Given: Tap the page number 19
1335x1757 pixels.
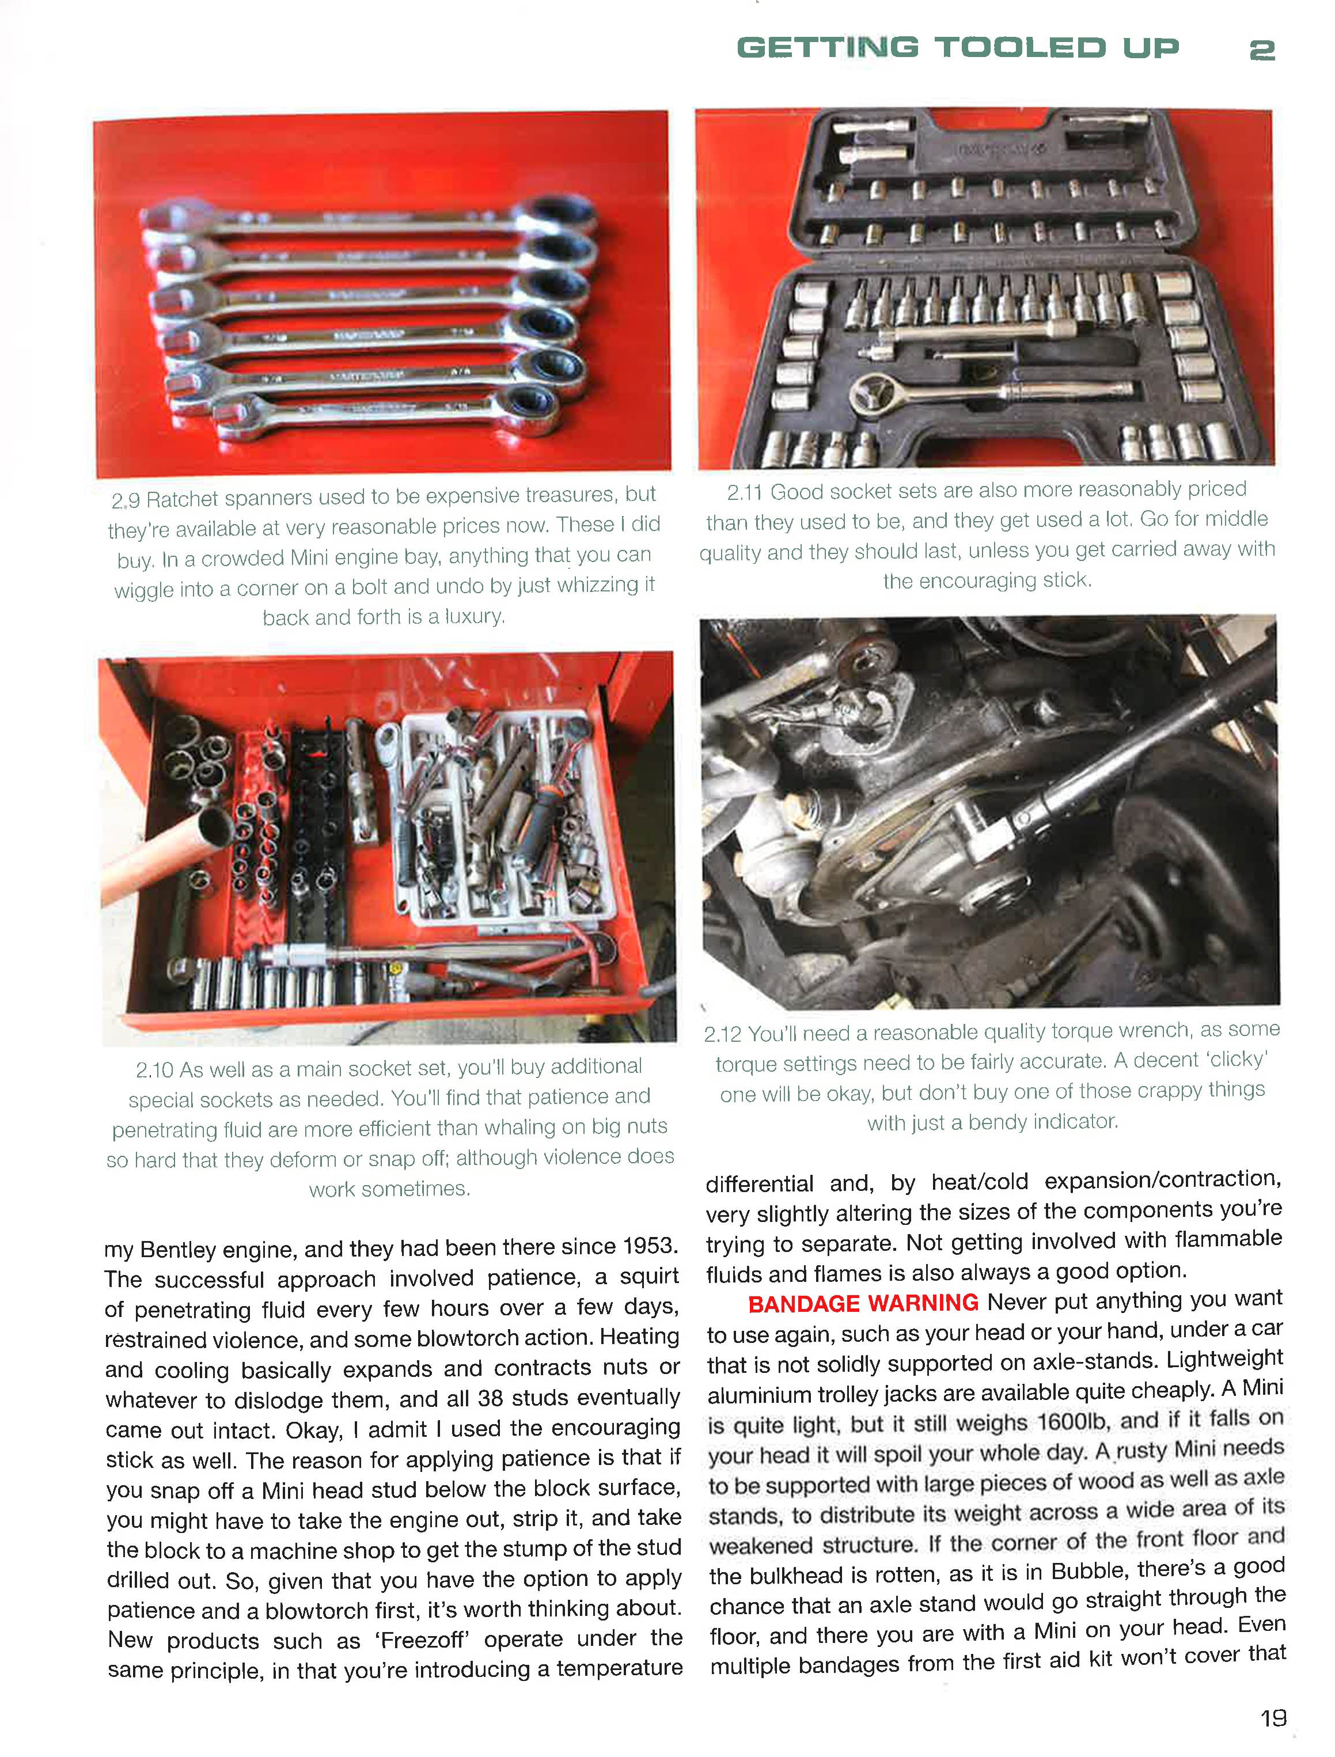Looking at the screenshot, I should click(1272, 1717).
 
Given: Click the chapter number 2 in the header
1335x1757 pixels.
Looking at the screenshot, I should click(1261, 51).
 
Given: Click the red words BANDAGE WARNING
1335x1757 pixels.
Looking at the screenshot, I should click(862, 1304).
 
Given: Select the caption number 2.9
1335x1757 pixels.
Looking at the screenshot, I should click(126, 500).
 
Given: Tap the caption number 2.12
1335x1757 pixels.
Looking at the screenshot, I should click(722, 1035).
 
